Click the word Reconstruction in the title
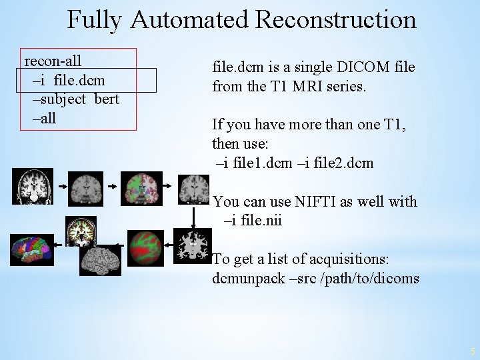pos(335,19)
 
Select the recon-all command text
pos(53,61)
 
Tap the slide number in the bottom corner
pos(471,351)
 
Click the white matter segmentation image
pos(192,245)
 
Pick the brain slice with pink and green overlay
pos(141,187)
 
